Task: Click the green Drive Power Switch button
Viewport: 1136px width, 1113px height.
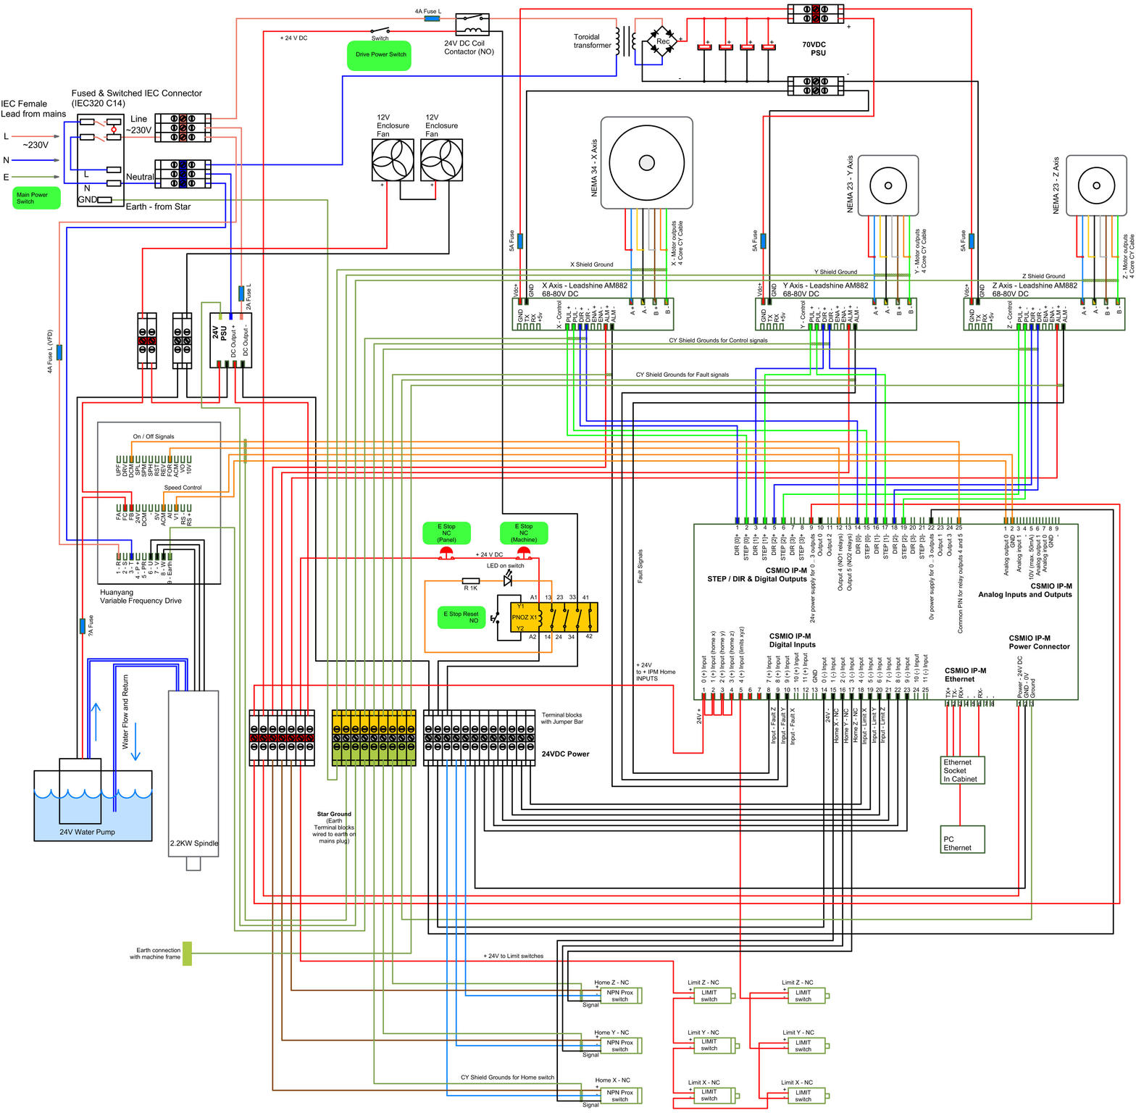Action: click(379, 55)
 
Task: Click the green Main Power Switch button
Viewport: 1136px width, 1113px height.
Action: click(36, 198)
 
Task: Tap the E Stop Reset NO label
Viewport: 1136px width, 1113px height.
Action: click(461, 617)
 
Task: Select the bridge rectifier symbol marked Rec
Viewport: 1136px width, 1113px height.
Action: click(662, 41)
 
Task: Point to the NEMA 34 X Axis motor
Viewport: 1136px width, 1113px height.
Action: click(646, 163)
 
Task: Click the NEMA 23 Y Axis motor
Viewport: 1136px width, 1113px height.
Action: click(887, 185)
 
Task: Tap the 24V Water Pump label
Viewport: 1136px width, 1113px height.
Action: click(87, 832)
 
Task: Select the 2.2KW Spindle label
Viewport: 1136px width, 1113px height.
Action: click(193, 843)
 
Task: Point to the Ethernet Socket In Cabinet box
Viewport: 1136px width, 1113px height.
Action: click(962, 771)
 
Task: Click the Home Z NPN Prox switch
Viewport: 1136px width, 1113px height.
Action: click(619, 996)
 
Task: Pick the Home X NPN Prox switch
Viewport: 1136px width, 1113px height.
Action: click(619, 1096)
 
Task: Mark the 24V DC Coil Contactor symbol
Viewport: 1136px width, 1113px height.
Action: click(472, 25)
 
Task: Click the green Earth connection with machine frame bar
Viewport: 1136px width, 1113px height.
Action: click(187, 954)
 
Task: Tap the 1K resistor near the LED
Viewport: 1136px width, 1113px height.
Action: click(471, 581)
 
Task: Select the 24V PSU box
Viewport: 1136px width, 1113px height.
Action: click(230, 340)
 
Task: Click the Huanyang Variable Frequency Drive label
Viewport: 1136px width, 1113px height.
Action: click(141, 596)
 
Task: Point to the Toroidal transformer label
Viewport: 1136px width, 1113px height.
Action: click(592, 41)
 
